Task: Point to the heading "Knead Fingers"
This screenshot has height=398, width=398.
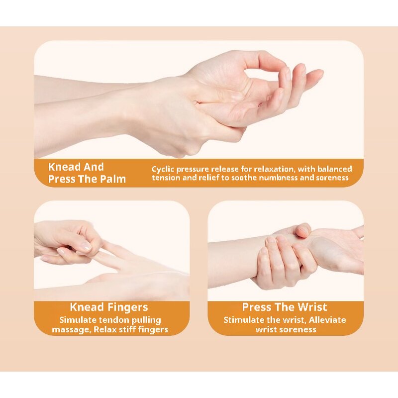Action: pos(108,307)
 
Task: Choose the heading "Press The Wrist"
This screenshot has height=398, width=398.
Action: pos(285,307)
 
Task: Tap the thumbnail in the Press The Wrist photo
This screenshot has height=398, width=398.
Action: pos(303,230)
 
